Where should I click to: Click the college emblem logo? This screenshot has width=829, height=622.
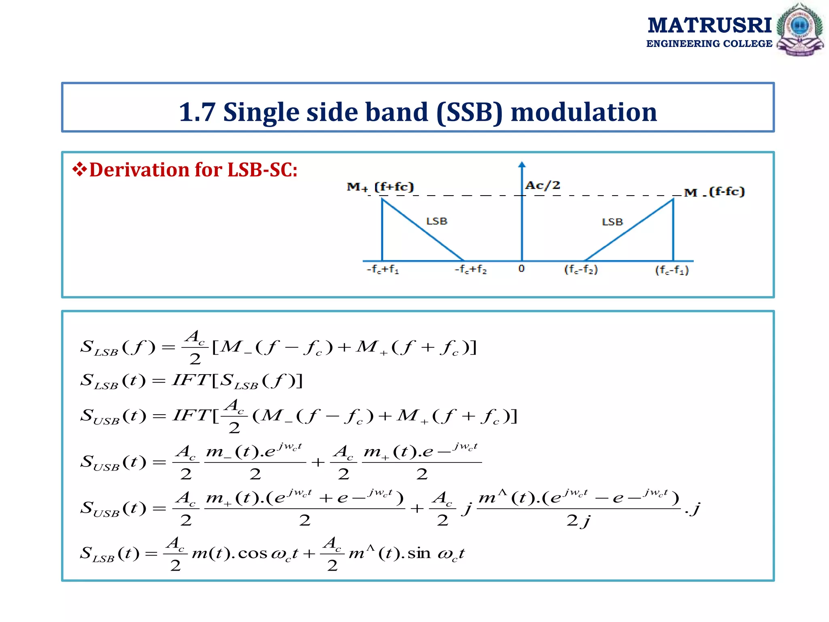click(799, 29)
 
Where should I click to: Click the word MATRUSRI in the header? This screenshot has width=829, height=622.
click(710, 25)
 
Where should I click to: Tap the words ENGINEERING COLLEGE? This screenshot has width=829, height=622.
click(709, 44)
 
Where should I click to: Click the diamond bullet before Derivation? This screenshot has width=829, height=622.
click(79, 169)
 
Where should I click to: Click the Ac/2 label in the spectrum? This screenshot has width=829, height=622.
click(542, 185)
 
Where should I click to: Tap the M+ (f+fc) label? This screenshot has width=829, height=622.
click(380, 187)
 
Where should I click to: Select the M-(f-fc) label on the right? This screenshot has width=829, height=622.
click(714, 192)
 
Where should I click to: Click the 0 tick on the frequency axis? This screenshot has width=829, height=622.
click(521, 268)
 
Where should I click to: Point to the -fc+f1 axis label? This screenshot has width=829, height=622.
click(383, 269)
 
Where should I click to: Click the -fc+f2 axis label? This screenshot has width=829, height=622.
click(470, 269)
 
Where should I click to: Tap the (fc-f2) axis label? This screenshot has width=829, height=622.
click(581, 269)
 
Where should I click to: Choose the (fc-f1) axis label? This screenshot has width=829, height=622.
click(672, 270)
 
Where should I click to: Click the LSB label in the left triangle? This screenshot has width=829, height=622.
click(436, 221)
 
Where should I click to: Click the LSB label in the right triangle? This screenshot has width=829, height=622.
click(612, 222)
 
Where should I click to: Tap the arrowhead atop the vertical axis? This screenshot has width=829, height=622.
click(522, 164)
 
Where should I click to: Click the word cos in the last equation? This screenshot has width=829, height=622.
click(252, 553)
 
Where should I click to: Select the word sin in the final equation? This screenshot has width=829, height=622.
click(419, 553)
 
